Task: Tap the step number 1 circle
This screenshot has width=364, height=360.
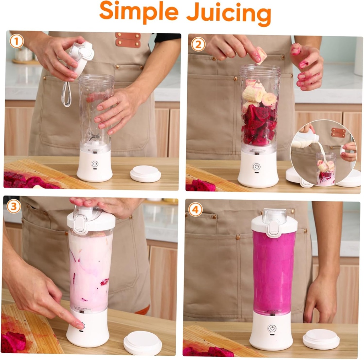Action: [x=17, y=41]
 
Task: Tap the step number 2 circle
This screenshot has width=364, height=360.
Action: [x=198, y=44]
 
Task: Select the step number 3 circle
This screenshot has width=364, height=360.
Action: [x=14, y=206]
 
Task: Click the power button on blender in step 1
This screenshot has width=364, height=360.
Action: [x=95, y=164]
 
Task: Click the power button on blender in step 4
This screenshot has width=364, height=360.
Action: [x=272, y=328]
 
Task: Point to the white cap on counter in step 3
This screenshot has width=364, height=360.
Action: [x=143, y=343]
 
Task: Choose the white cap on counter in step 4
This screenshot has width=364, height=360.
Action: [x=321, y=339]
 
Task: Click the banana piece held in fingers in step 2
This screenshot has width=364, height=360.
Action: [x=261, y=54]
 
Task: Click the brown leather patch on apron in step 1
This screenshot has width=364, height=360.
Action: [x=128, y=39]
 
